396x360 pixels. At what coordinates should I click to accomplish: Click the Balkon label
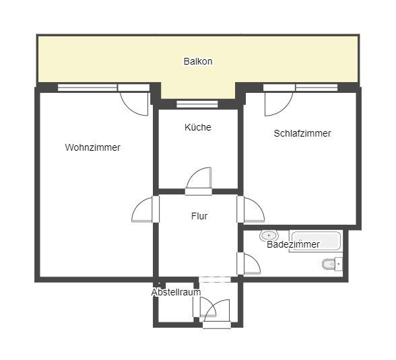tap(198, 61)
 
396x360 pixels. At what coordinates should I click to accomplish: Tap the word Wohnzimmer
tap(93, 147)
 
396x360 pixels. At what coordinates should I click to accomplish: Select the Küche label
tap(198, 127)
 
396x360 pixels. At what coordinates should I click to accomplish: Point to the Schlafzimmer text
tap(302, 133)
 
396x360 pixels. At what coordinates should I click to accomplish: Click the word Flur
tap(199, 216)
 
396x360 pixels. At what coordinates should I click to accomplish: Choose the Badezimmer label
tap(294, 244)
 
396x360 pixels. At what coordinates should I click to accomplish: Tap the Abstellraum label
tap(176, 293)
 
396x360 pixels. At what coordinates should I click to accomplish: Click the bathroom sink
tap(269, 236)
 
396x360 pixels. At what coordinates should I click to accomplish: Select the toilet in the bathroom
tap(331, 264)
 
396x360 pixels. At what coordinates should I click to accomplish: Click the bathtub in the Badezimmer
tap(315, 241)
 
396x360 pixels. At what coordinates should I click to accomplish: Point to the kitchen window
tap(197, 104)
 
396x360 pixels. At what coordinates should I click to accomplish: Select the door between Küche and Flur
tap(199, 180)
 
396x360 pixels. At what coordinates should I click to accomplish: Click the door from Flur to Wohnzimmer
tap(145, 210)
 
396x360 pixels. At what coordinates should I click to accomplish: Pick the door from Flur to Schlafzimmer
tap(253, 210)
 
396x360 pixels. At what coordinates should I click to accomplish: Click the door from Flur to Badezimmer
tap(250, 264)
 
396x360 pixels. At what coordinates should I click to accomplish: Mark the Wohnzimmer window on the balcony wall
tap(88, 87)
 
